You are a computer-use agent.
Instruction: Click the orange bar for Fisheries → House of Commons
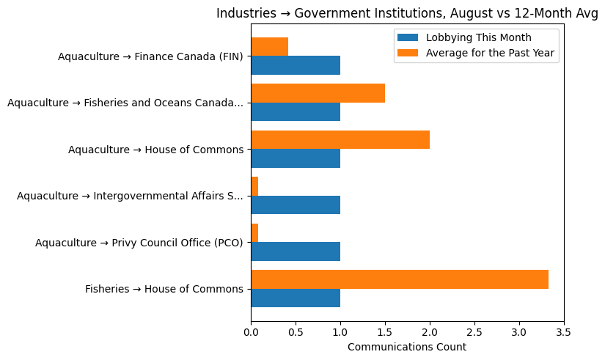(x=400, y=279)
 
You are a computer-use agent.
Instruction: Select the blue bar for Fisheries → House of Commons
(x=296, y=298)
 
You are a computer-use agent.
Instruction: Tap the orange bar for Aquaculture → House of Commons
(x=340, y=140)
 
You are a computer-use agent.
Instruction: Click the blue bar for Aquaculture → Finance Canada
(x=296, y=65)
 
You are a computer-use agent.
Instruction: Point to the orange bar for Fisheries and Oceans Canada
(x=318, y=93)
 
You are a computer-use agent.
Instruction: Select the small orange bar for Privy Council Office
(x=254, y=232)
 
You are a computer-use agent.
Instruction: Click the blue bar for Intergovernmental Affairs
(x=296, y=205)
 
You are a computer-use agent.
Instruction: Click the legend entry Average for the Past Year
(x=490, y=53)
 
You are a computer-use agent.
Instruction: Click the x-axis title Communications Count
(x=407, y=348)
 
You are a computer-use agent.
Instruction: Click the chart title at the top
(x=407, y=14)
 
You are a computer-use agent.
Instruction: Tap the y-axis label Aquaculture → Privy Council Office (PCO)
(x=139, y=243)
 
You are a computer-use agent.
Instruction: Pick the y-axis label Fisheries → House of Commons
(x=164, y=289)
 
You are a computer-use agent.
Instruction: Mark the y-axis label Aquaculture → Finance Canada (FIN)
(x=150, y=56)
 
